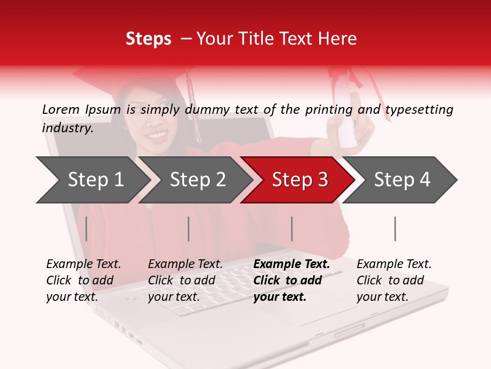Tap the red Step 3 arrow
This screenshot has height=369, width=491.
(300, 180)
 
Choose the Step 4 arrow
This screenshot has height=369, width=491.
(402, 180)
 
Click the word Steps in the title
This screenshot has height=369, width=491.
(148, 39)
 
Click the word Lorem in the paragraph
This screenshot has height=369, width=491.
(61, 109)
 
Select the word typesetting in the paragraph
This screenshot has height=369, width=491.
(419, 109)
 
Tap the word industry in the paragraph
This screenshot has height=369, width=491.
(67, 128)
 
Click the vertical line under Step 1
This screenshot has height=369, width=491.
(86, 229)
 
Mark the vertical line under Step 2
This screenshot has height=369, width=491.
(189, 229)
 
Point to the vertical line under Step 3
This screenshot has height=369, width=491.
(292, 229)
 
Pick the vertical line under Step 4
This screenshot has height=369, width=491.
(395, 229)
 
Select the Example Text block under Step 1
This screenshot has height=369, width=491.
(83, 280)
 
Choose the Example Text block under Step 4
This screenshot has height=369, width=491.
(394, 280)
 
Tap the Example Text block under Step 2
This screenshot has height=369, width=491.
(185, 280)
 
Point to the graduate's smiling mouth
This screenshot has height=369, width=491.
(157, 136)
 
